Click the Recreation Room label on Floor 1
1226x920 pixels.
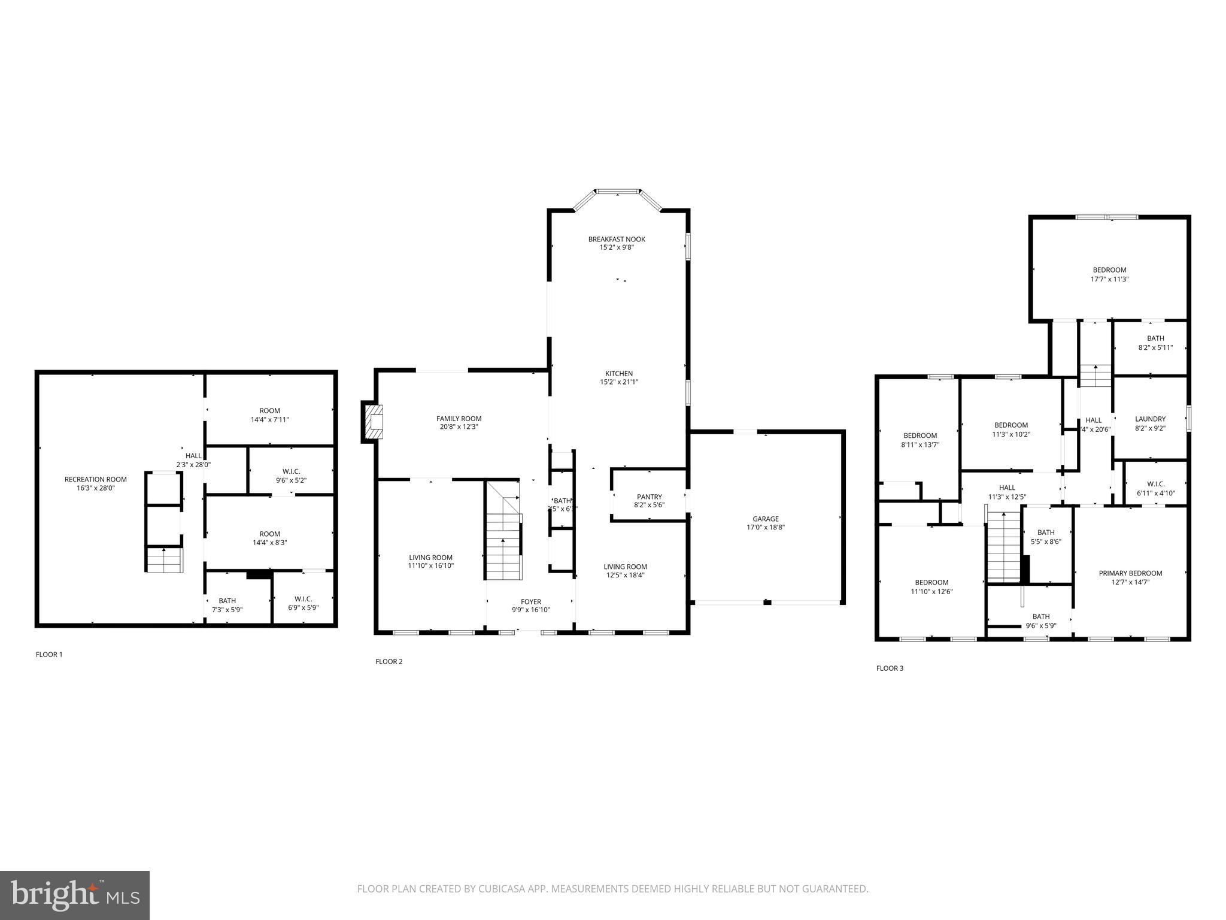tap(96, 479)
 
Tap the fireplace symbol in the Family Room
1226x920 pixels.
tap(375, 421)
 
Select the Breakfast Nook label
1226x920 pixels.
tap(617, 239)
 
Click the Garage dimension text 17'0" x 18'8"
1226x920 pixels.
tap(766, 528)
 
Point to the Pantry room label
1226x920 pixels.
tap(649, 497)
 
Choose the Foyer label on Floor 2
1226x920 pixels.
tap(530, 602)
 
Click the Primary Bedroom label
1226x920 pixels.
tap(1130, 573)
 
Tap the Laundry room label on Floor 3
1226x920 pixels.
tap(1150, 419)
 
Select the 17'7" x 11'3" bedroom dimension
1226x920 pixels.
tap(1109, 279)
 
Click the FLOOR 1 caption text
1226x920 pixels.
tap(49, 655)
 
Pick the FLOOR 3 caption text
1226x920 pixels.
tap(890, 668)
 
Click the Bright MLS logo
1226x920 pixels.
tap(74, 895)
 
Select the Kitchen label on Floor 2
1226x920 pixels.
tap(619, 374)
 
